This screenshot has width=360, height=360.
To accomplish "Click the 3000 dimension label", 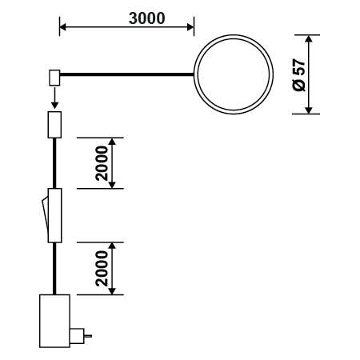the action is [147, 18].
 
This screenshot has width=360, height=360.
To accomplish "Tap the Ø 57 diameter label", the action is [299, 75].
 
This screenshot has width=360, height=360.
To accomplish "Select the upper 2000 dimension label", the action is [102, 163].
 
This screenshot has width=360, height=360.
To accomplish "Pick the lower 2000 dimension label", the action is [102, 269].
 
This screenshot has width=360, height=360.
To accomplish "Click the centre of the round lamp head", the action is [234, 74].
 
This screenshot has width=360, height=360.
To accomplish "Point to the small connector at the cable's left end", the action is [54, 78].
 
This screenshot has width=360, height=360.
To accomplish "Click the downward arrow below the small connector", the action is [54, 98].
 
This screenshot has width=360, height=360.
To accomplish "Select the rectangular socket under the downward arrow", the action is [54, 125].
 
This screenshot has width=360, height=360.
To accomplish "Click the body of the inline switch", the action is [54, 215].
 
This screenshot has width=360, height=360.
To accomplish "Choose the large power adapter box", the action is [54, 321].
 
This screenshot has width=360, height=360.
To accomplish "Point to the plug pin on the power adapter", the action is [88, 336].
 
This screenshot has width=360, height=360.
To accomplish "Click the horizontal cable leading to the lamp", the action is [126, 74].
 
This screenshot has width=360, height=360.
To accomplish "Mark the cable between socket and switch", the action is [54, 163].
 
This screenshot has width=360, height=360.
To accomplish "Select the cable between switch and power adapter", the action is [54, 269].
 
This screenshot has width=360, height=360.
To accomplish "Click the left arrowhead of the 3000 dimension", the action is [62, 27].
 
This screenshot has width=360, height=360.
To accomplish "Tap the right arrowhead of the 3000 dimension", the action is [190, 27].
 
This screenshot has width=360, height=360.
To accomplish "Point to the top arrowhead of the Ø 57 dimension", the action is [309, 38].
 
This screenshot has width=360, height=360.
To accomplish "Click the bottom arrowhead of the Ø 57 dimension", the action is [309, 110].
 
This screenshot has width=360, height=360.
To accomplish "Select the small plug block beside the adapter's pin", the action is [77, 336].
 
